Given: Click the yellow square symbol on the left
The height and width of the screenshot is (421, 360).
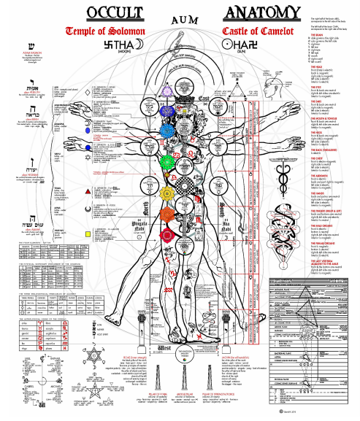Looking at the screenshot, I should coord(88,233).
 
